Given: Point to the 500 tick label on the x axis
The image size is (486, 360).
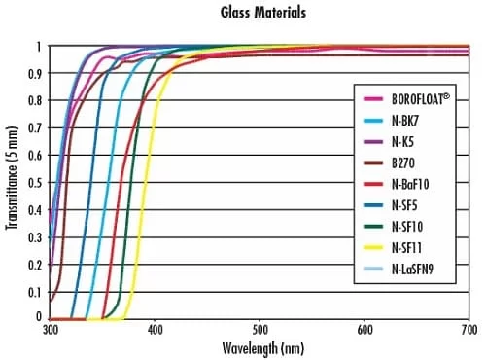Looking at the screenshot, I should [x=260, y=329].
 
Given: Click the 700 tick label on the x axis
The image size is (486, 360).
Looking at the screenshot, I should [x=469, y=329].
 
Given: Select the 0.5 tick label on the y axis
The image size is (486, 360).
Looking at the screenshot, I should [x=36, y=182].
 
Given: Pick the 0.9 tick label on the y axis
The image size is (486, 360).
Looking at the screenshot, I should [x=36, y=73].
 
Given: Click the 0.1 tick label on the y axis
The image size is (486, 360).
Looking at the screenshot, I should [x=36, y=291].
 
